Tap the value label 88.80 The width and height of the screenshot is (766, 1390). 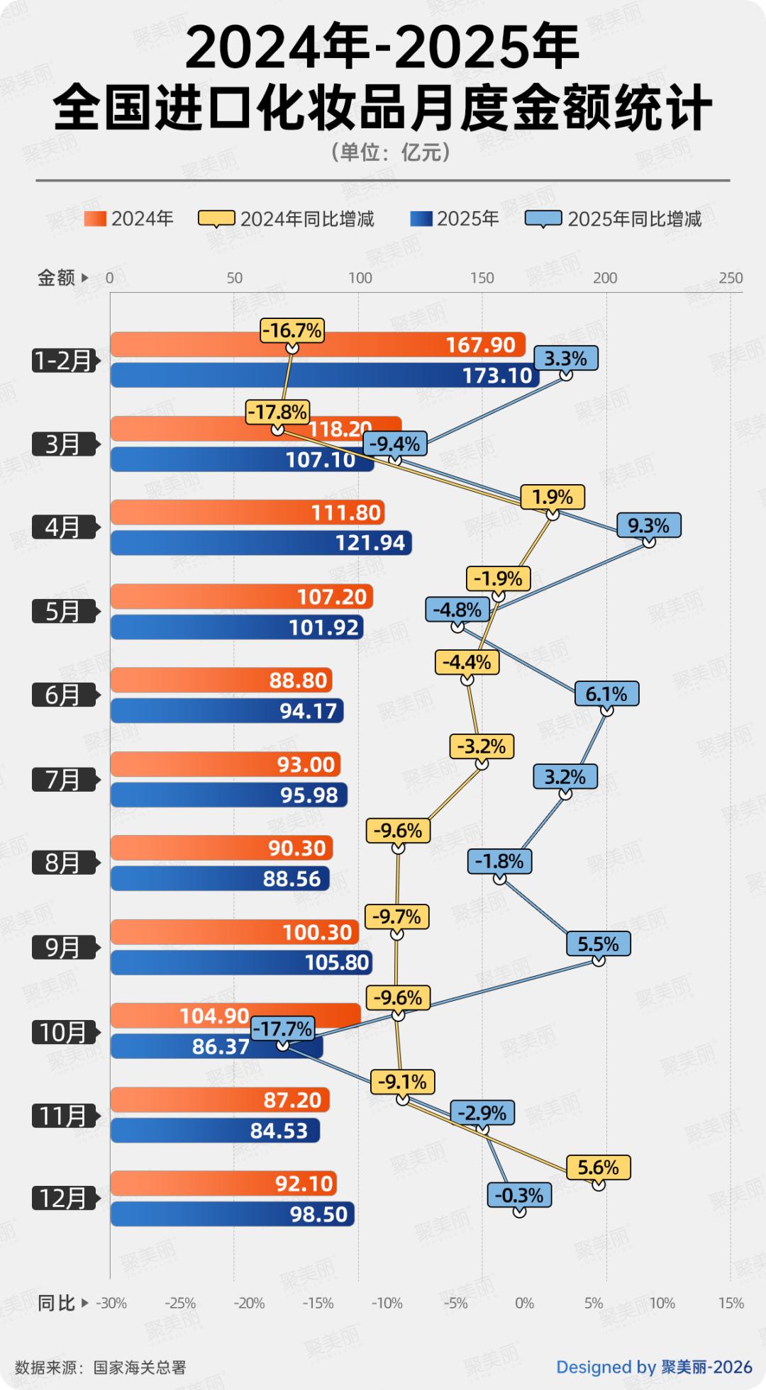(298, 680)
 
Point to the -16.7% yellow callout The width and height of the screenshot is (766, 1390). (292, 330)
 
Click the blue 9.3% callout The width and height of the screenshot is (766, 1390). (648, 525)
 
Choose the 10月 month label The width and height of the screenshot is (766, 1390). (63, 1032)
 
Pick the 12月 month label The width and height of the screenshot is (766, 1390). (63, 1198)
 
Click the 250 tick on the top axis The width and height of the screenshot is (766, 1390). (731, 278)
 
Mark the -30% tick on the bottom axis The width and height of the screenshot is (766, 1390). (111, 1303)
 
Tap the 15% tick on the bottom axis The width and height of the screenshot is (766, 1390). (731, 1303)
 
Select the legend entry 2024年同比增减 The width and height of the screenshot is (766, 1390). (287, 219)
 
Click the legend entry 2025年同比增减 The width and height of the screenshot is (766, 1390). (614, 219)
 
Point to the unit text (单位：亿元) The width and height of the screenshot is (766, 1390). (390, 152)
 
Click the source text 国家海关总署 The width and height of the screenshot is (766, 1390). (140, 1367)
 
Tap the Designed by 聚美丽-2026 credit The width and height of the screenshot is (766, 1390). (654, 1367)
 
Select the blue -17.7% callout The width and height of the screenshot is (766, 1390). (282, 1028)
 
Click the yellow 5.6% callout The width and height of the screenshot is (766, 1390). (598, 1167)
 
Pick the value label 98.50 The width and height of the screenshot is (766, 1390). (318, 1214)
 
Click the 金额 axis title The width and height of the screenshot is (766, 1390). (57, 278)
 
